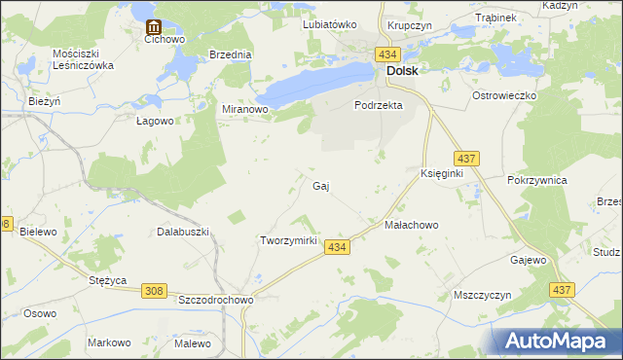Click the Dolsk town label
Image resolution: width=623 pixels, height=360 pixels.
pos(403,71)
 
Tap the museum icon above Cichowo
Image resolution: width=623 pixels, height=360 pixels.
pos(153,27)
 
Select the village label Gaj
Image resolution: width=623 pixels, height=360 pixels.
pos(321,185)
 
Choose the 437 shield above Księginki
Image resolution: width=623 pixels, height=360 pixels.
pos(464,158)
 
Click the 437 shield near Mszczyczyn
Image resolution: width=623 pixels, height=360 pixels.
pos(562,290)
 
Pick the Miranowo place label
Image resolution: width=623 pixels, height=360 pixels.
pos(245,110)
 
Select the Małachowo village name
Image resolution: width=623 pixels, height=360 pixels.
pos(412,225)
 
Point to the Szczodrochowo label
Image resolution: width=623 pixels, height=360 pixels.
pos(216,301)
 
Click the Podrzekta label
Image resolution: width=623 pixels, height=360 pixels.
pos(379,105)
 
